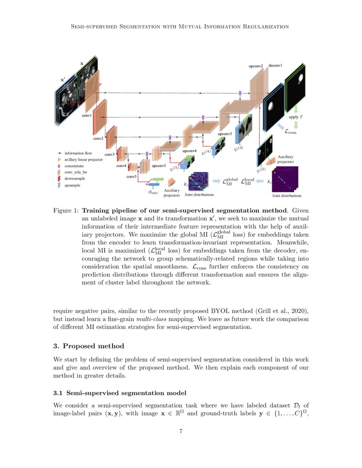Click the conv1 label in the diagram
pos(87,116)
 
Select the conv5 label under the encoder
pos(131,176)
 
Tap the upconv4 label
pos(189,151)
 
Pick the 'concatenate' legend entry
pos(75,166)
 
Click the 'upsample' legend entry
pos(72,185)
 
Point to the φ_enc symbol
pos(153,192)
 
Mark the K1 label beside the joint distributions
pos(185,184)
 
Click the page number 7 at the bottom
pos(181,431)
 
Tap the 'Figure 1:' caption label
pos(65,211)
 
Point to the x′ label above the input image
pos(63,80)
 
